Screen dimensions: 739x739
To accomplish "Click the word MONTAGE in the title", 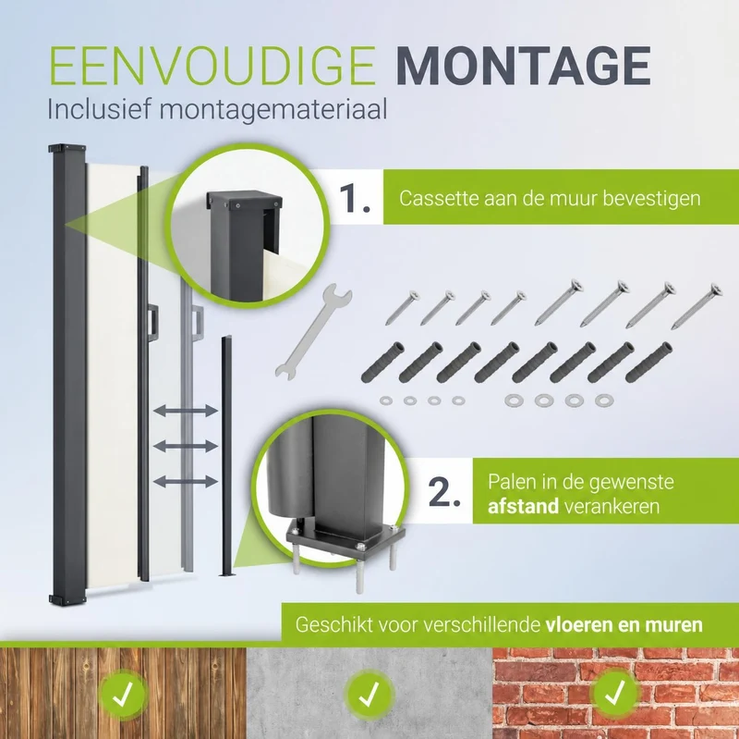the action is [523, 66].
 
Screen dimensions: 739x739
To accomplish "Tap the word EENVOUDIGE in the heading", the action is [212, 66].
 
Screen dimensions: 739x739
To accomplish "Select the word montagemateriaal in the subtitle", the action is [273, 110].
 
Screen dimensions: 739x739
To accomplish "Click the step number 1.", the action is [355, 199].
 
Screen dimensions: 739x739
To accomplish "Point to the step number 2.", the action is [444, 493].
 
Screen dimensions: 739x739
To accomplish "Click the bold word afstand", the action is [523, 506].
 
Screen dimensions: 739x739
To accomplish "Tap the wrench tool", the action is [313, 331].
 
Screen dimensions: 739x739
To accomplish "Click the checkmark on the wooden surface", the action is [124, 695].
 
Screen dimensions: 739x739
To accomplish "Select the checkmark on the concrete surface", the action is [369, 695].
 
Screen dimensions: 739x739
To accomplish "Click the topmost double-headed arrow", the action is [186, 411].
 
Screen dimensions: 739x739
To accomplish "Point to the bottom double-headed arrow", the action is [186, 482].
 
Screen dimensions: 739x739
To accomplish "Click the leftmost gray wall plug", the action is [382, 363].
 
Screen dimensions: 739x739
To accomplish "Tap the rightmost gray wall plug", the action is [648, 363].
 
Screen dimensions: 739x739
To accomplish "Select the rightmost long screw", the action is [697, 306].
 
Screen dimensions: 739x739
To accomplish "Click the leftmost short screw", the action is [403, 308].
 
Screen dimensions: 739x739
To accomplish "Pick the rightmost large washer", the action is [604, 400].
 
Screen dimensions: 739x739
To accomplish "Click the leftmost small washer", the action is [386, 400].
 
